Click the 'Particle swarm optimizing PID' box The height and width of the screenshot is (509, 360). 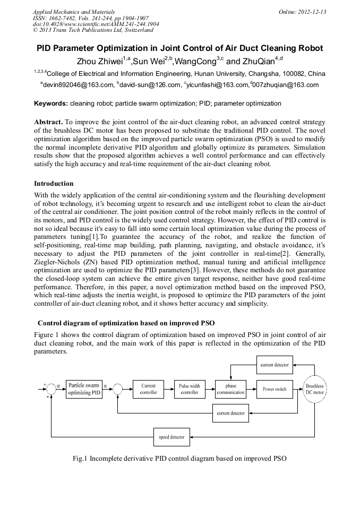84,389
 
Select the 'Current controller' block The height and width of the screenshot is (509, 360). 149,389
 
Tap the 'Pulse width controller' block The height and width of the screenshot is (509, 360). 190,389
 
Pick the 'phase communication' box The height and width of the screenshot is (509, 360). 231,389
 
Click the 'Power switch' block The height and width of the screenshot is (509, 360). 275,389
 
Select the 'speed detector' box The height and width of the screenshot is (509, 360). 172,437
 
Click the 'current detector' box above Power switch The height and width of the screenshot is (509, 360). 275,365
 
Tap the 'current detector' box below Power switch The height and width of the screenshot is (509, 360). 231,412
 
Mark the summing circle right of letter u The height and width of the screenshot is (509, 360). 118,390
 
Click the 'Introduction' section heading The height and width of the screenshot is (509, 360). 54,184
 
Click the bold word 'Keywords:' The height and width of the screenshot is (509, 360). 50,103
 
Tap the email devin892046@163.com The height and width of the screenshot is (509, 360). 77,85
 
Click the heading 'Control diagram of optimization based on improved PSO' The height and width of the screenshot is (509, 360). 126,323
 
